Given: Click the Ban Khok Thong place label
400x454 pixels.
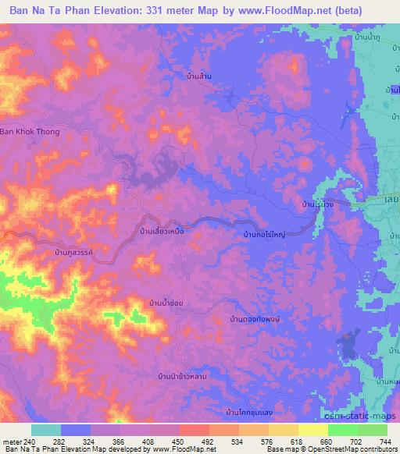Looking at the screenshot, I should pyautogui.click(x=30, y=132).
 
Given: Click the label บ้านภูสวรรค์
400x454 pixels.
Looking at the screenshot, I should pyautogui.click(x=77, y=254).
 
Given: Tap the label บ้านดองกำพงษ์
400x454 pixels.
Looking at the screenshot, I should pyautogui.click(x=255, y=319).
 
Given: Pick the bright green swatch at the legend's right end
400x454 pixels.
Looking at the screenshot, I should pyautogui.click(x=373, y=430).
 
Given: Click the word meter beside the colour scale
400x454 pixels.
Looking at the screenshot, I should pyautogui.click(x=12, y=441).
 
